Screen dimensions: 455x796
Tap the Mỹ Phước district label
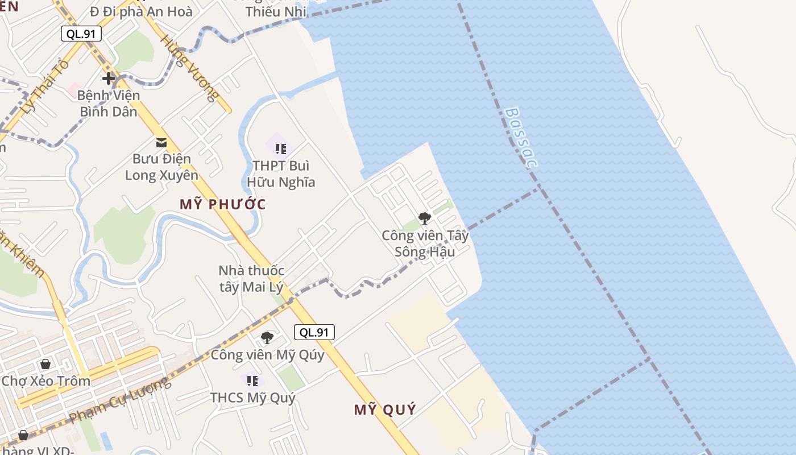[x=223, y=204]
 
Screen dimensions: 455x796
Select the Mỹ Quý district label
[x=385, y=409]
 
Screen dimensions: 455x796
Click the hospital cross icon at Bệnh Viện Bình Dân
[x=108, y=78]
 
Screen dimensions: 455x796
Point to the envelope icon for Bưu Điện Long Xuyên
[x=161, y=142]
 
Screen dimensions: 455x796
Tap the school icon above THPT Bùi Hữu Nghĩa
[x=280, y=149]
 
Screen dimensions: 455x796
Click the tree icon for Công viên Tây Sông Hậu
[x=424, y=218]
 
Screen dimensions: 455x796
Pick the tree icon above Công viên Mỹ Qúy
[x=267, y=338]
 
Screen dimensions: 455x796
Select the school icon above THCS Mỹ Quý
[x=252, y=380]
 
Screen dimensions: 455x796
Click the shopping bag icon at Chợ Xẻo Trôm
[x=45, y=364]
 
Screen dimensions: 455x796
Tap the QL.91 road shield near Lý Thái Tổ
[x=81, y=34]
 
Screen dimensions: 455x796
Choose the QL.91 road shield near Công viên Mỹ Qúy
[x=314, y=332]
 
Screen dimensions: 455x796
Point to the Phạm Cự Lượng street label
[x=120, y=400]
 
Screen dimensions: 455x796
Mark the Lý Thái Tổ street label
[x=44, y=85]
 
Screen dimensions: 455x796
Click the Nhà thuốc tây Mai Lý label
[x=251, y=279]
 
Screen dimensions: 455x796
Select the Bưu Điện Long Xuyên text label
[x=161, y=167]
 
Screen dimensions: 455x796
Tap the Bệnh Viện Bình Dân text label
[x=108, y=104]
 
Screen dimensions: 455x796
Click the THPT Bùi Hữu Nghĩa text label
[x=281, y=174]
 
